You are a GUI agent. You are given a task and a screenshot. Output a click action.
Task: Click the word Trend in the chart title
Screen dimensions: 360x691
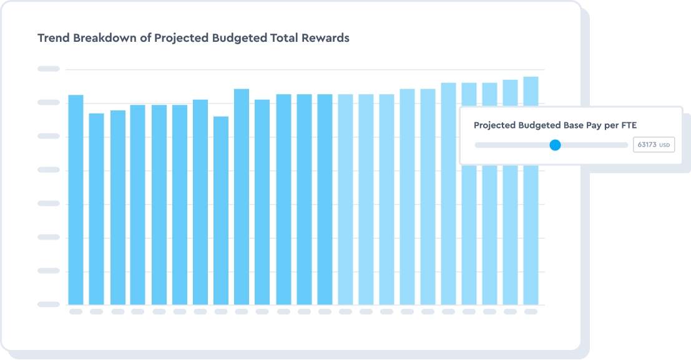pyautogui.click(x=54, y=38)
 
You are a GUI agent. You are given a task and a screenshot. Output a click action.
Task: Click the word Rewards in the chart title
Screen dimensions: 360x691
pyautogui.click(x=326, y=38)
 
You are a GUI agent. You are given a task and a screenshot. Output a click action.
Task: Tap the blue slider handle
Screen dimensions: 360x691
pyautogui.click(x=555, y=145)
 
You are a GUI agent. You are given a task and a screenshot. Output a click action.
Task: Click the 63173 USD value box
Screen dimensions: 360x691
pyautogui.click(x=654, y=145)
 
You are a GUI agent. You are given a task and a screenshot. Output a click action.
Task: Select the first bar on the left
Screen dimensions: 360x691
pyautogui.click(x=76, y=200)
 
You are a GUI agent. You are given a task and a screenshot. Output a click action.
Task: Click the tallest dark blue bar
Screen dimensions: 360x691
pyautogui.click(x=242, y=197)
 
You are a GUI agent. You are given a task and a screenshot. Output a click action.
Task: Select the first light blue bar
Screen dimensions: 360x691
pyautogui.click(x=345, y=200)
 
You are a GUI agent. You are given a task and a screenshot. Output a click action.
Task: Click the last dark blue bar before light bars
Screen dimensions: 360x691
pyautogui.click(x=325, y=200)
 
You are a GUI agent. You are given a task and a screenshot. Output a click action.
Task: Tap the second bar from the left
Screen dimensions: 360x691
pyautogui.click(x=96, y=209)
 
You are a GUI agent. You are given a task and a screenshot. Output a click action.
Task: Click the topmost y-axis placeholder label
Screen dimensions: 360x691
pyautogui.click(x=49, y=69)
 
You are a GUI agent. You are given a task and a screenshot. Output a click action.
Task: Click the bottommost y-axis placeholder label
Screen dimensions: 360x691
pyautogui.click(x=49, y=304)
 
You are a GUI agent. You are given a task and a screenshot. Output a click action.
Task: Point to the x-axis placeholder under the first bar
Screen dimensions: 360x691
pyautogui.click(x=76, y=311)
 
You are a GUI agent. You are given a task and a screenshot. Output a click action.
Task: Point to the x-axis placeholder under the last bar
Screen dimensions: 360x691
pyautogui.click(x=531, y=311)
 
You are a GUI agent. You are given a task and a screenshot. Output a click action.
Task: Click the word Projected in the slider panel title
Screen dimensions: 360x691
pyautogui.click(x=494, y=125)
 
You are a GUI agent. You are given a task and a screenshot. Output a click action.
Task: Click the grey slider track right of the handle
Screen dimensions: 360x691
pyautogui.click(x=593, y=145)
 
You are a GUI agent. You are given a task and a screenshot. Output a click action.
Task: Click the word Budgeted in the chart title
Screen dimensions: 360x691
pyautogui.click(x=241, y=38)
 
